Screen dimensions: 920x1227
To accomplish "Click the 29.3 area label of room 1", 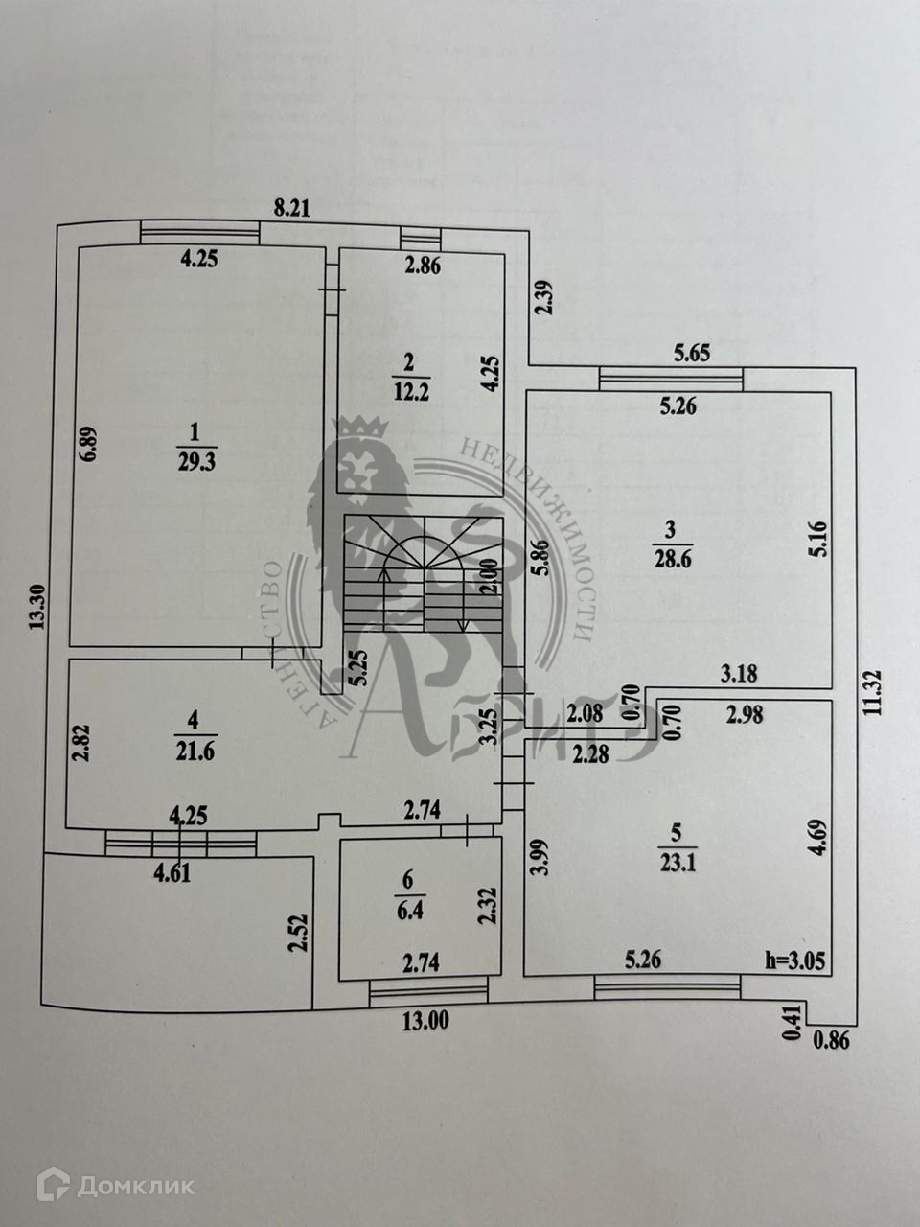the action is pos(197,464).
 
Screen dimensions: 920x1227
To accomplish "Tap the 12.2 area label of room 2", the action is pos(409,390).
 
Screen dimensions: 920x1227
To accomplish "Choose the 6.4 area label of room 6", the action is pos(410,911).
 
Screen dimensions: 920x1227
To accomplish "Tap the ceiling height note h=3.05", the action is pos(793,960).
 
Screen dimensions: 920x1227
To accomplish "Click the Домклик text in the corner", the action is pos(135,1186).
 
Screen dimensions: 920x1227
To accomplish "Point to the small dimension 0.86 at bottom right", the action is pos(830,1038).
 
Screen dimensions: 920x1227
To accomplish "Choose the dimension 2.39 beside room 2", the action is pos(543,297).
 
